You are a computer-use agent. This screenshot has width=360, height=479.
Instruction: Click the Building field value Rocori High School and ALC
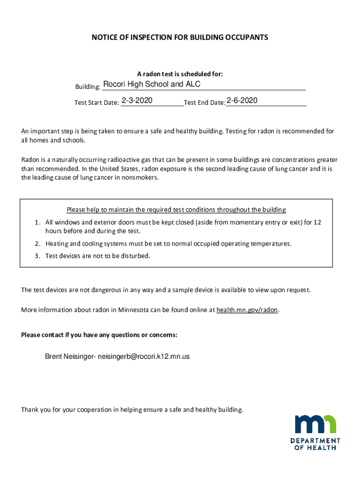click(151, 85)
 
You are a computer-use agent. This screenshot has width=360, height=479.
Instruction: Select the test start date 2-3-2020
click(137, 101)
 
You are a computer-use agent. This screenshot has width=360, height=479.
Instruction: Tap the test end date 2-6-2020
click(242, 101)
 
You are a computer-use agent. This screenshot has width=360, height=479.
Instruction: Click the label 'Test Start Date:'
click(97, 103)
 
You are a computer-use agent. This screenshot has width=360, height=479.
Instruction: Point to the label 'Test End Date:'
click(204, 103)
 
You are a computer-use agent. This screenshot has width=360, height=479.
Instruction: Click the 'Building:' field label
click(88, 87)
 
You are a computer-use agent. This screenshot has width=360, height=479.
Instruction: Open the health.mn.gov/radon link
click(247, 310)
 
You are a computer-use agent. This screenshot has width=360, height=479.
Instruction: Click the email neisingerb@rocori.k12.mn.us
click(144, 356)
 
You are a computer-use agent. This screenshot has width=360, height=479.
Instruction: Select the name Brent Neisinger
click(69, 356)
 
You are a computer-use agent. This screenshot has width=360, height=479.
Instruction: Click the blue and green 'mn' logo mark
click(315, 424)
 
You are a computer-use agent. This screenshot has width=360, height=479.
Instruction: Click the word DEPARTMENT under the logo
click(315, 441)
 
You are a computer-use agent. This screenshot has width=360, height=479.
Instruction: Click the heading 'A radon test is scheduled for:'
click(180, 74)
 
